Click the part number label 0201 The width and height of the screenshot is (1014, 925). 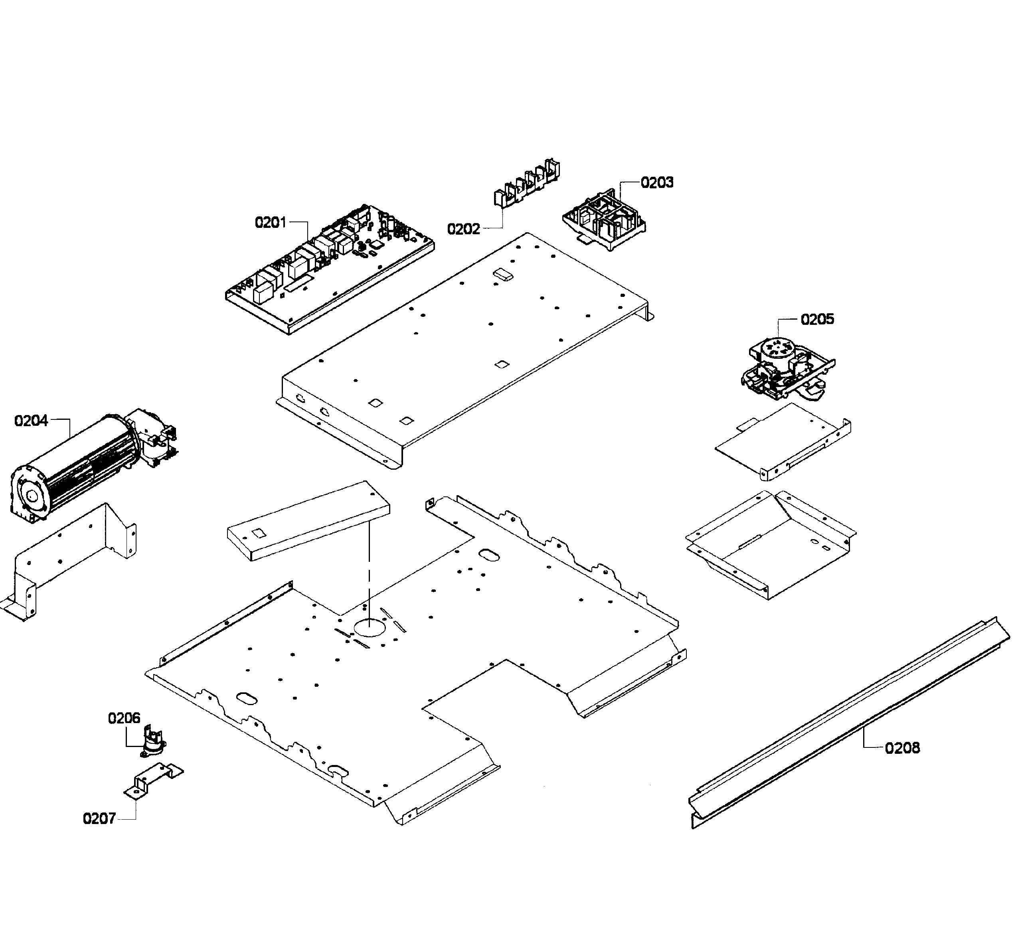[271, 222]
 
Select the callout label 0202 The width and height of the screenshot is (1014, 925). [463, 229]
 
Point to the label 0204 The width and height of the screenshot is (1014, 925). [31, 421]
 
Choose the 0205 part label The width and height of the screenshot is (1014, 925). [817, 319]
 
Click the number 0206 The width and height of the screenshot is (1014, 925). [124, 718]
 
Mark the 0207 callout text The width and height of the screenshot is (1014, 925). [99, 819]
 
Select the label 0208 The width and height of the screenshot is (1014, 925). [902, 748]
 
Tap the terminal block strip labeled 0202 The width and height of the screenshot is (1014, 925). [526, 184]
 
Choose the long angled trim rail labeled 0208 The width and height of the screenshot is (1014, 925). [850, 724]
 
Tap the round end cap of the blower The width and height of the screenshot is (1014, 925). [30, 495]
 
